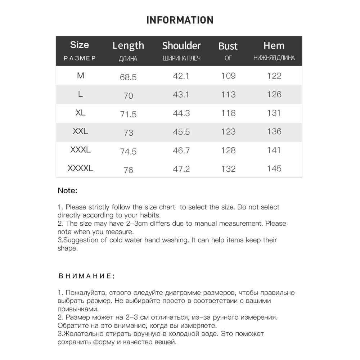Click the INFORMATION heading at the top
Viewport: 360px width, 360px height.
tap(180, 20)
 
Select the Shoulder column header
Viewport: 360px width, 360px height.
tap(181, 46)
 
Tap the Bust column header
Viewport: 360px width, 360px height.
tap(228, 46)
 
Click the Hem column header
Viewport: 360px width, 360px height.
tap(274, 45)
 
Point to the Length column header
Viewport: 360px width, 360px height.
tap(128, 45)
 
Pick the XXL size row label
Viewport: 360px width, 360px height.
tap(80, 131)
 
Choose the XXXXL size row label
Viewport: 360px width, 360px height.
tap(80, 168)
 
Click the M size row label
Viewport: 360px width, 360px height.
tap(80, 76)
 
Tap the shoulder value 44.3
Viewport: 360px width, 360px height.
tap(181, 113)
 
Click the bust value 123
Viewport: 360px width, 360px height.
tap(228, 131)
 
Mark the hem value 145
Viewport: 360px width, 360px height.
tap(274, 168)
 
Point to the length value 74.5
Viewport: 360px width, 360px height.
tap(128, 152)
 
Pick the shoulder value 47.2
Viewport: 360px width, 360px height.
tap(181, 169)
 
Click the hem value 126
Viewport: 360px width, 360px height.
tap(274, 94)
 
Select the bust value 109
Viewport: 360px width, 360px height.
tap(228, 76)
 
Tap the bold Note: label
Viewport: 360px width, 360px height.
tap(67, 191)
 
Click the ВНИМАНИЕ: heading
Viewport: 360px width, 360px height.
tap(86, 276)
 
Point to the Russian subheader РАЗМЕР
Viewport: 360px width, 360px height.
tap(80, 58)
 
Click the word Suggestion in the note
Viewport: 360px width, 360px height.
tap(78, 240)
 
